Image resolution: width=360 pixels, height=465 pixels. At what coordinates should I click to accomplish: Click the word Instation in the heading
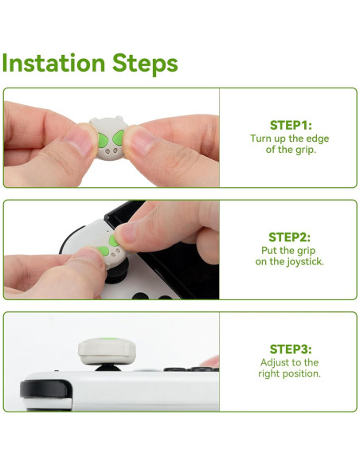53,63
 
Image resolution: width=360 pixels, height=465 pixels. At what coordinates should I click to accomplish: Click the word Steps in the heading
145,64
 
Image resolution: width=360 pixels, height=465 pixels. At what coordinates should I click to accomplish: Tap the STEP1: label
291,126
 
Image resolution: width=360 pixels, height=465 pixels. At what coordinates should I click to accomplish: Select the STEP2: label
289,237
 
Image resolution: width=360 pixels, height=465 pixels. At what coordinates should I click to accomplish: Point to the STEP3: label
291,350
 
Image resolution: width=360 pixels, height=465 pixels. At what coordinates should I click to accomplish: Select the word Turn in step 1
260,139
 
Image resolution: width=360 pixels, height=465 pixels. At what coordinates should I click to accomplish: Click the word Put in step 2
268,251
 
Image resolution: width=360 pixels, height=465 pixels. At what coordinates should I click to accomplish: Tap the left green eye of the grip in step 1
103,141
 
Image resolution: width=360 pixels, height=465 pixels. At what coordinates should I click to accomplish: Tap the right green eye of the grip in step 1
119,137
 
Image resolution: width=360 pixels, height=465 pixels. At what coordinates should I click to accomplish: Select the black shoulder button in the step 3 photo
46,389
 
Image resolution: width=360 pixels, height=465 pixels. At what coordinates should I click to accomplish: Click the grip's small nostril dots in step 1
112,151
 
